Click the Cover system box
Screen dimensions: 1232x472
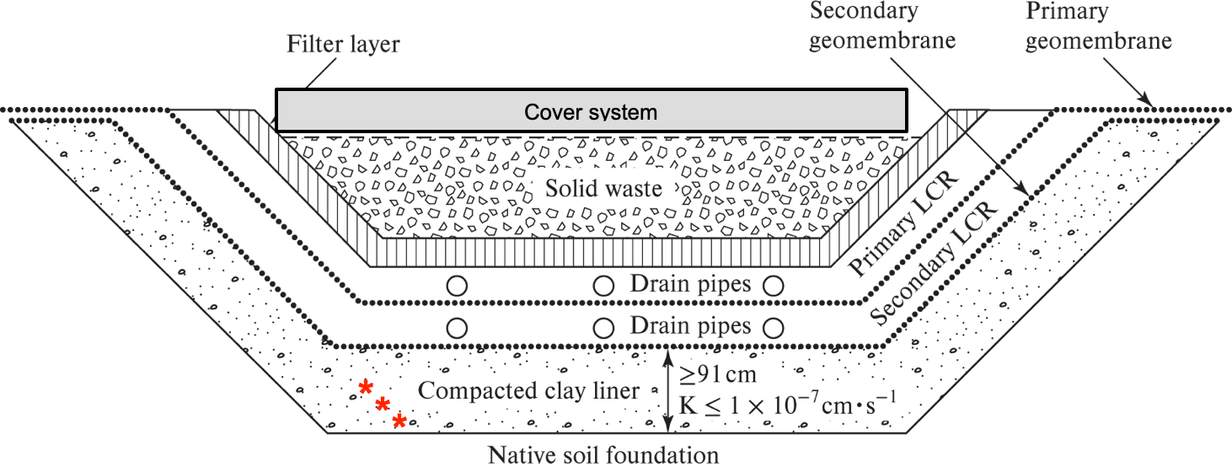(592, 110)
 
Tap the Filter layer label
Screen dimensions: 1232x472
(343, 44)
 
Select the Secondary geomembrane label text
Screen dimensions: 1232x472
(882, 25)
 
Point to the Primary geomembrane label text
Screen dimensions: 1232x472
(1098, 25)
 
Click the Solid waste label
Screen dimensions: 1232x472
(603, 189)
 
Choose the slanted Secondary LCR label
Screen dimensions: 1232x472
(934, 262)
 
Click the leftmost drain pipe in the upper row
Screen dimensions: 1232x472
(457, 286)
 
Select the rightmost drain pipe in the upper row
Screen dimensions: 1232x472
(774, 286)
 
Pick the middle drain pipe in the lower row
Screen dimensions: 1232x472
(603, 329)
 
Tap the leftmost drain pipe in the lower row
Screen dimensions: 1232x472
(457, 329)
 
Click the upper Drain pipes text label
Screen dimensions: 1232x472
(690, 284)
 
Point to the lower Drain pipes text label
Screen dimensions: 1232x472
(690, 326)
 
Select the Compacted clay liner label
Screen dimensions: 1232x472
(528, 390)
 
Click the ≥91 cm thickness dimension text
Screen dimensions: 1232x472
(718, 374)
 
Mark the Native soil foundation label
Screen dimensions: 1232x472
(603, 455)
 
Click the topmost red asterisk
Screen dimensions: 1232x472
(366, 387)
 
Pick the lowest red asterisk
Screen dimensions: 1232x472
(399, 421)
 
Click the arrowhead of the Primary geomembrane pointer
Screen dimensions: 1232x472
(1147, 101)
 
